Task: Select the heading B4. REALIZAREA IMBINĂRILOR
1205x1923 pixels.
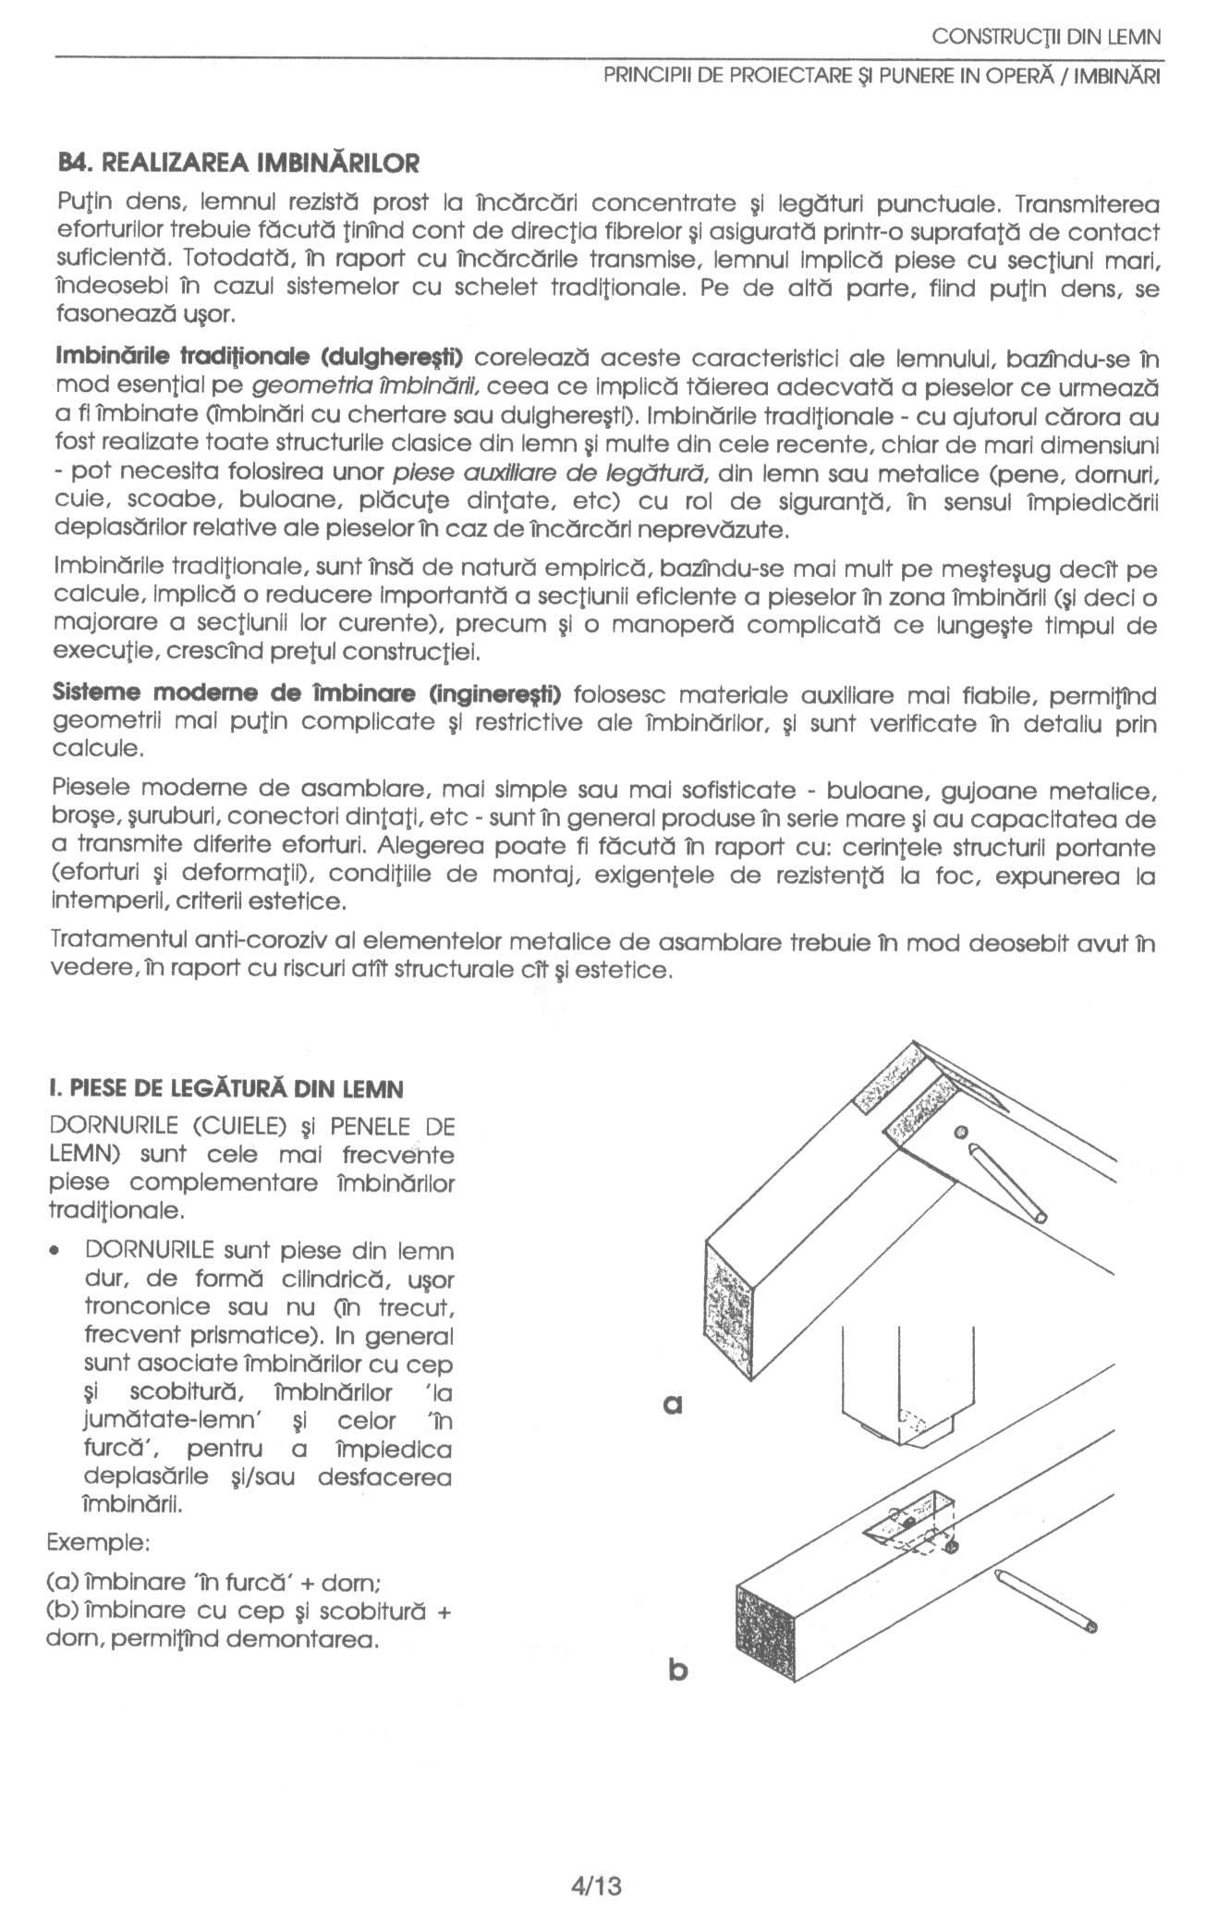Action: [x=238, y=164]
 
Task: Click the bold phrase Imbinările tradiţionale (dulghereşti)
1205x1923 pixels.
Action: [x=260, y=356]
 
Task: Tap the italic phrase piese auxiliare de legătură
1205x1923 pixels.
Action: [x=551, y=472]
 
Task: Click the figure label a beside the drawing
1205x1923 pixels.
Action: [x=674, y=1405]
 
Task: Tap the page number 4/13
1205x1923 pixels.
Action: [x=602, y=1858]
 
